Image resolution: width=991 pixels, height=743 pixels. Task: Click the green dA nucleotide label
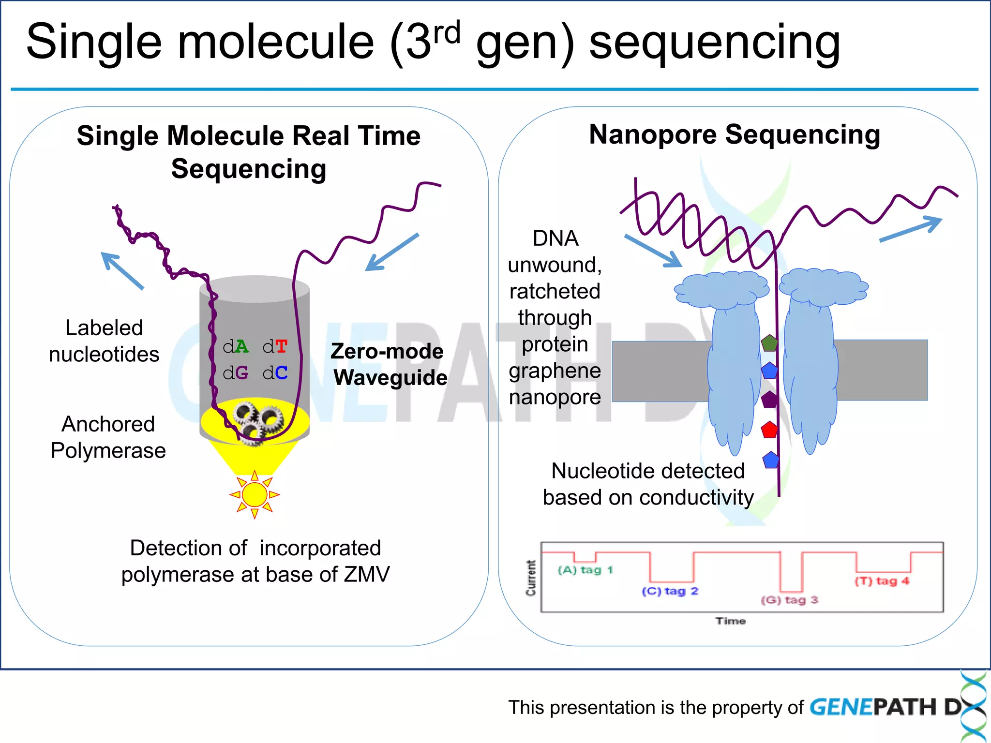(236, 346)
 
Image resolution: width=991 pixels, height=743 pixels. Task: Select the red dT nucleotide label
(275, 346)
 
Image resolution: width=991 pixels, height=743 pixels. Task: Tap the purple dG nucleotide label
(236, 372)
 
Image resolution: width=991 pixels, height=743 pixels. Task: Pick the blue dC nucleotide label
(275, 372)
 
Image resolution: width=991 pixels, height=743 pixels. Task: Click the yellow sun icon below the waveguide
(255, 494)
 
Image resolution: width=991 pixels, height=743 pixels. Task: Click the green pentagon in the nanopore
(769, 343)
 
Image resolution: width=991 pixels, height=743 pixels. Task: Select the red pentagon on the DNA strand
(769, 430)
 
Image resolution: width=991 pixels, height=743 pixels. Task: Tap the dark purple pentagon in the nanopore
(769, 400)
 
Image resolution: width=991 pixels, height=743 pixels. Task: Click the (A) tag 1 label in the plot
(585, 570)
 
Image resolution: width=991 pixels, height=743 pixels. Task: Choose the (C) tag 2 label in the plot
(670, 591)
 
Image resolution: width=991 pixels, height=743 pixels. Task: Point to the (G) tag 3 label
(789, 600)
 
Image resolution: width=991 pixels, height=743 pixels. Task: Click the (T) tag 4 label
(882, 581)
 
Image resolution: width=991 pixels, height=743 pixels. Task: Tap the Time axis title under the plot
(731, 621)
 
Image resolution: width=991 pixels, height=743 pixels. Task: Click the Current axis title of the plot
(531, 578)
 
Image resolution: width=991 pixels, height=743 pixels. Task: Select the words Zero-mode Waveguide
(389, 364)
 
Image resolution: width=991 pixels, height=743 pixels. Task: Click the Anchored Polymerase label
(108, 437)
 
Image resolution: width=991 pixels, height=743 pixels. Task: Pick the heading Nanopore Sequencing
(735, 134)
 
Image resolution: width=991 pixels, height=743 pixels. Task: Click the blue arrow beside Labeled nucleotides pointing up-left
(122, 270)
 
